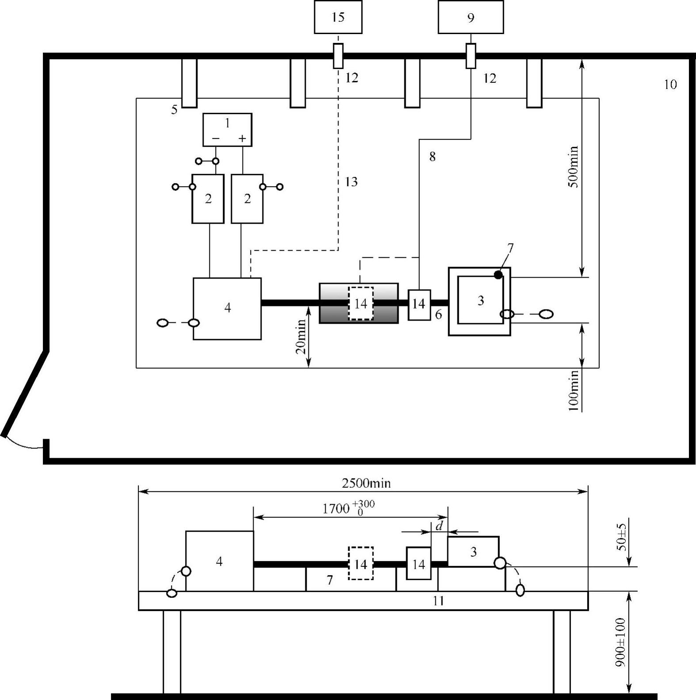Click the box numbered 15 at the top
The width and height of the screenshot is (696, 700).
338,17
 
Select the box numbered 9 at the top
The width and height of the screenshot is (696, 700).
471,17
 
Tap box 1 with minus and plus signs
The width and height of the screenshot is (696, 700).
227,129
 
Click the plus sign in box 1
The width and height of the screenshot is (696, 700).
242,138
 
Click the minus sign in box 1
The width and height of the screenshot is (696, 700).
215,138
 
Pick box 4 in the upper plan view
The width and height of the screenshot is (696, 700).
227,308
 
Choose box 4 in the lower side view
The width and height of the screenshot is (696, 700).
219,561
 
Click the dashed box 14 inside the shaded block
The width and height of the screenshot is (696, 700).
361,303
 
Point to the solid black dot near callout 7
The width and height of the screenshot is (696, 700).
498,275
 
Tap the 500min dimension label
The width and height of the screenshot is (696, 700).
573,167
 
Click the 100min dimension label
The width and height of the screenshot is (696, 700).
573,390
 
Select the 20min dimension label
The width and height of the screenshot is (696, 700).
301,337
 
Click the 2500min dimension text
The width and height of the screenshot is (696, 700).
366,483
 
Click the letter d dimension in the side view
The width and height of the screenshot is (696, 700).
439,526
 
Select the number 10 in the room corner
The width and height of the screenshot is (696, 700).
670,84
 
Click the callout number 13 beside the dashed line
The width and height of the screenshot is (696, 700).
351,182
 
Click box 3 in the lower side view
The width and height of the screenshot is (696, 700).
473,551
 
